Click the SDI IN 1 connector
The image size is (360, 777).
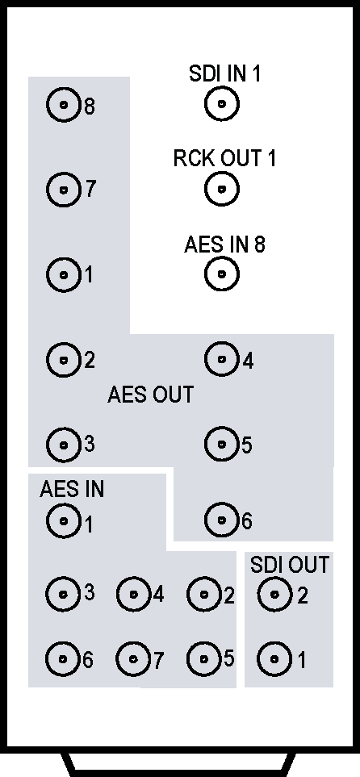point(222,104)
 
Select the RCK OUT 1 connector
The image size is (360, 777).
point(222,189)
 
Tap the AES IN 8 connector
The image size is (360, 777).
point(222,274)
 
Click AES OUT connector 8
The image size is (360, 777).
point(64,105)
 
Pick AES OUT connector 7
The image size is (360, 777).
point(64,190)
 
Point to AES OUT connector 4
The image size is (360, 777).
point(222,359)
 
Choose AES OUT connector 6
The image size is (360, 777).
point(222,520)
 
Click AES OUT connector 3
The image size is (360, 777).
point(64,445)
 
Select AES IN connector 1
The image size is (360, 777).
point(64,520)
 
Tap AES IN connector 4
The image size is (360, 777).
point(134,594)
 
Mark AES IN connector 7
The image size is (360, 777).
point(133,659)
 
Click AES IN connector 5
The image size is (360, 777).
point(204,659)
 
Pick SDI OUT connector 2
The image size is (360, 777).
point(274,594)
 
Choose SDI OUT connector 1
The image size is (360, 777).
point(274,659)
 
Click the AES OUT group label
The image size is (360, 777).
point(150,395)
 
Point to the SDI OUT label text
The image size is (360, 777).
point(290,565)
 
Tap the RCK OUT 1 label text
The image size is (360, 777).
point(224,158)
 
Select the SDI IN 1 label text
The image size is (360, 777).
point(224,74)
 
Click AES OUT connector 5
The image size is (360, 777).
point(222,444)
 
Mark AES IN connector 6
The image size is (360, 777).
point(63,659)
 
